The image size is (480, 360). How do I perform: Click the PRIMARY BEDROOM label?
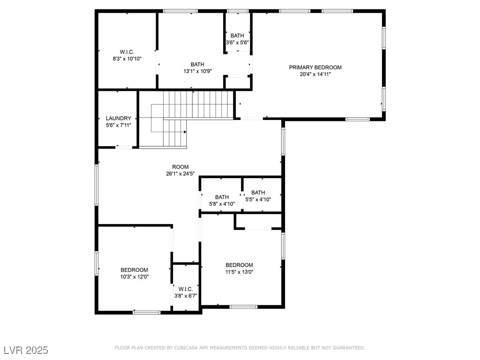pyautogui.click(x=315, y=67)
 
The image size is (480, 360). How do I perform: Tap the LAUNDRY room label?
pyautogui.click(x=119, y=118)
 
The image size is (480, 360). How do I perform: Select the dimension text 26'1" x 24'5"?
pyautogui.click(x=180, y=174)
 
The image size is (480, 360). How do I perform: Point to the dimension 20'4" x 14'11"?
pyautogui.click(x=315, y=74)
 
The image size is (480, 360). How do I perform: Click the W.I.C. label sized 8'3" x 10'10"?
pyautogui.click(x=127, y=52)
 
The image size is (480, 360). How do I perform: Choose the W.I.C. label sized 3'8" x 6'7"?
pyautogui.click(x=186, y=289)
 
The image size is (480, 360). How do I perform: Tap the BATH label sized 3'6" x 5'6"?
pyautogui.click(x=237, y=36)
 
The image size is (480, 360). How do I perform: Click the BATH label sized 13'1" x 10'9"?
pyautogui.click(x=197, y=64)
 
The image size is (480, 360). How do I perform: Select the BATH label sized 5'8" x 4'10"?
pyautogui.click(x=222, y=197)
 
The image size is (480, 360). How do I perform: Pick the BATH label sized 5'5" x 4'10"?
pyautogui.click(x=258, y=193)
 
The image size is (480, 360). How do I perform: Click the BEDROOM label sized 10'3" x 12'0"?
pyautogui.click(x=134, y=270)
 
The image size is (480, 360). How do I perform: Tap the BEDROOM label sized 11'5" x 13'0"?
pyautogui.click(x=240, y=265)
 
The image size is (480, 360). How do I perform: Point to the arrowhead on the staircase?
pyautogui.click(x=185, y=132)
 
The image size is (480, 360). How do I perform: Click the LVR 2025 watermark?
pyautogui.click(x=26, y=350)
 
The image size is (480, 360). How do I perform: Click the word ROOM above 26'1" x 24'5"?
pyautogui.click(x=180, y=167)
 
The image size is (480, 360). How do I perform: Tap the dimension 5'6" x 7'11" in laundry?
pyautogui.click(x=119, y=125)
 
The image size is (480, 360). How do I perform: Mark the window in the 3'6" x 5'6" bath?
pyautogui.click(x=238, y=11)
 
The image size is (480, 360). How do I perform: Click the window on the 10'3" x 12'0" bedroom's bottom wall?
pyautogui.click(x=147, y=313)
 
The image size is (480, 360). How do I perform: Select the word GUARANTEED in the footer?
pyautogui.click(x=349, y=348)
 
